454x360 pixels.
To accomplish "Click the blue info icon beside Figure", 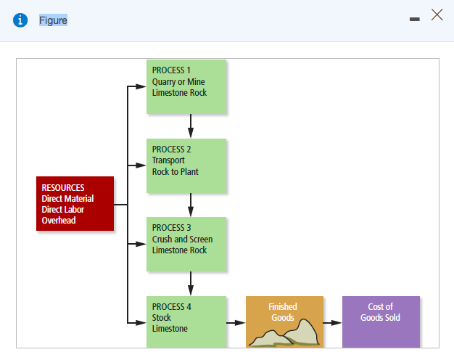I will [21, 20].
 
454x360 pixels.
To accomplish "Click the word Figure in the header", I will [53, 20].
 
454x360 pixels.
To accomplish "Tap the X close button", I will [437, 15].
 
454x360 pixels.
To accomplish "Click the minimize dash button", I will [414, 20].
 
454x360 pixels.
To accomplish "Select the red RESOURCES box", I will [75, 203].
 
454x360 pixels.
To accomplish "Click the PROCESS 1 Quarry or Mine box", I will [186, 86].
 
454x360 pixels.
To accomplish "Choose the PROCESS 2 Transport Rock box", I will [186, 165].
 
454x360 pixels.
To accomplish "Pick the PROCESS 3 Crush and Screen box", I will [186, 244].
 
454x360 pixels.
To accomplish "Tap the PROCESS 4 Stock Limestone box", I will [186, 321].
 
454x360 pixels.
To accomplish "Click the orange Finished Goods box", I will [284, 321].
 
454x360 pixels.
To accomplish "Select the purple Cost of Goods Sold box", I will [381, 321].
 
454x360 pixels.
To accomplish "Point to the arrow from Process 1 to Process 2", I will [190, 126].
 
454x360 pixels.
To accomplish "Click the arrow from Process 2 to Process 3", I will [190, 205].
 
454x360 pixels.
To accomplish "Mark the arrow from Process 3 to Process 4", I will [190, 283].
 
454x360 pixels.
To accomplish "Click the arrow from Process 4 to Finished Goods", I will [236, 322].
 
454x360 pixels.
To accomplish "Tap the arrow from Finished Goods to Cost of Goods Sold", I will [332, 322].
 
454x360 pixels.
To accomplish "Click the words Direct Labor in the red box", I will [63, 210].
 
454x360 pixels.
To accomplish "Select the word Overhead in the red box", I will [59, 220].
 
